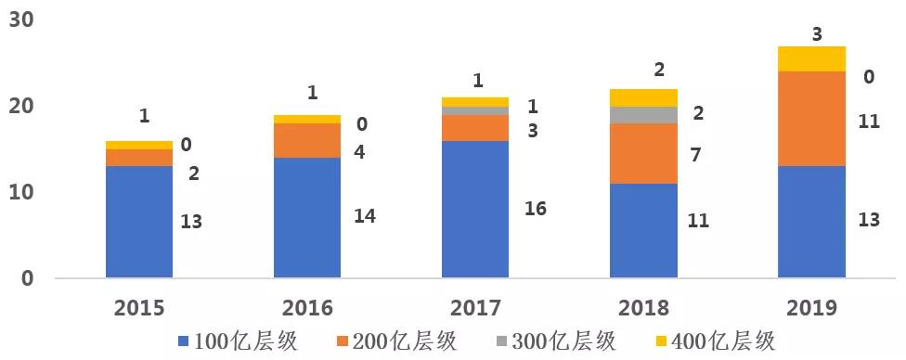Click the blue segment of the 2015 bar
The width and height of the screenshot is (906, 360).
coord(139,222)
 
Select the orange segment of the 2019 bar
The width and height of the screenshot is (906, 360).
coord(812,119)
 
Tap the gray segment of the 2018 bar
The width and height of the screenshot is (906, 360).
coord(643,114)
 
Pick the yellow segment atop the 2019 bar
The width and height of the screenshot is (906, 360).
coord(812,58)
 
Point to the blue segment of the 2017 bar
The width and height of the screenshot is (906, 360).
coord(475,209)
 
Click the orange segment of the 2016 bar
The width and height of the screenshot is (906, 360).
coord(307,140)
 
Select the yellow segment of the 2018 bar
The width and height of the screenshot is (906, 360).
coord(643,97)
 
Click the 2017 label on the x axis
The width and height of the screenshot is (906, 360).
coord(475,308)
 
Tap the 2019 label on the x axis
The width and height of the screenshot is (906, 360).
coord(811,308)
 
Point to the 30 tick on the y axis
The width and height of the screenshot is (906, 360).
coord(21,20)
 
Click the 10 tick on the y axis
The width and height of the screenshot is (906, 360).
coord(21,192)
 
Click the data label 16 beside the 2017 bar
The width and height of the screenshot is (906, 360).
coord(535,209)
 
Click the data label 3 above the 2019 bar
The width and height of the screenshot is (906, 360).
coord(816,34)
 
